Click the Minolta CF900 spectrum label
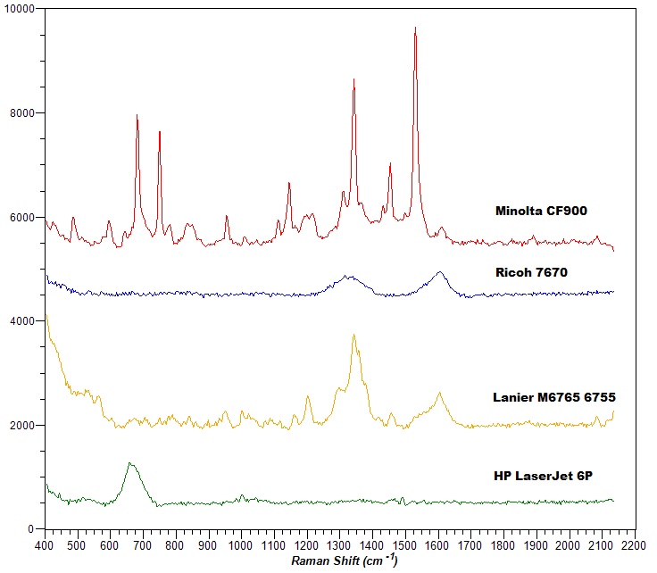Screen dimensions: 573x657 (541, 212)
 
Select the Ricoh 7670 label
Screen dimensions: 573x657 (532, 272)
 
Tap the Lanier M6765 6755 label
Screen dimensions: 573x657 (554, 397)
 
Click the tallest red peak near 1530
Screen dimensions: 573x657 (415, 28)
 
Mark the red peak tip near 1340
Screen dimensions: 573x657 (353, 79)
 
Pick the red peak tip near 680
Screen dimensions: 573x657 (137, 115)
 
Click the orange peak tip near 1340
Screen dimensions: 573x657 (353, 335)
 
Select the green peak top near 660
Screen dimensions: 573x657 (130, 463)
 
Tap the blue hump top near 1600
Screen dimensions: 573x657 (440, 272)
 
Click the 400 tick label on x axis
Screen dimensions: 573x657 (45, 543)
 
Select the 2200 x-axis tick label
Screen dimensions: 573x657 (634, 543)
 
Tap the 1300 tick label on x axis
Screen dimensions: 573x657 (339, 543)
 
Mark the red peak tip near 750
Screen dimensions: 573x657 (159, 132)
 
